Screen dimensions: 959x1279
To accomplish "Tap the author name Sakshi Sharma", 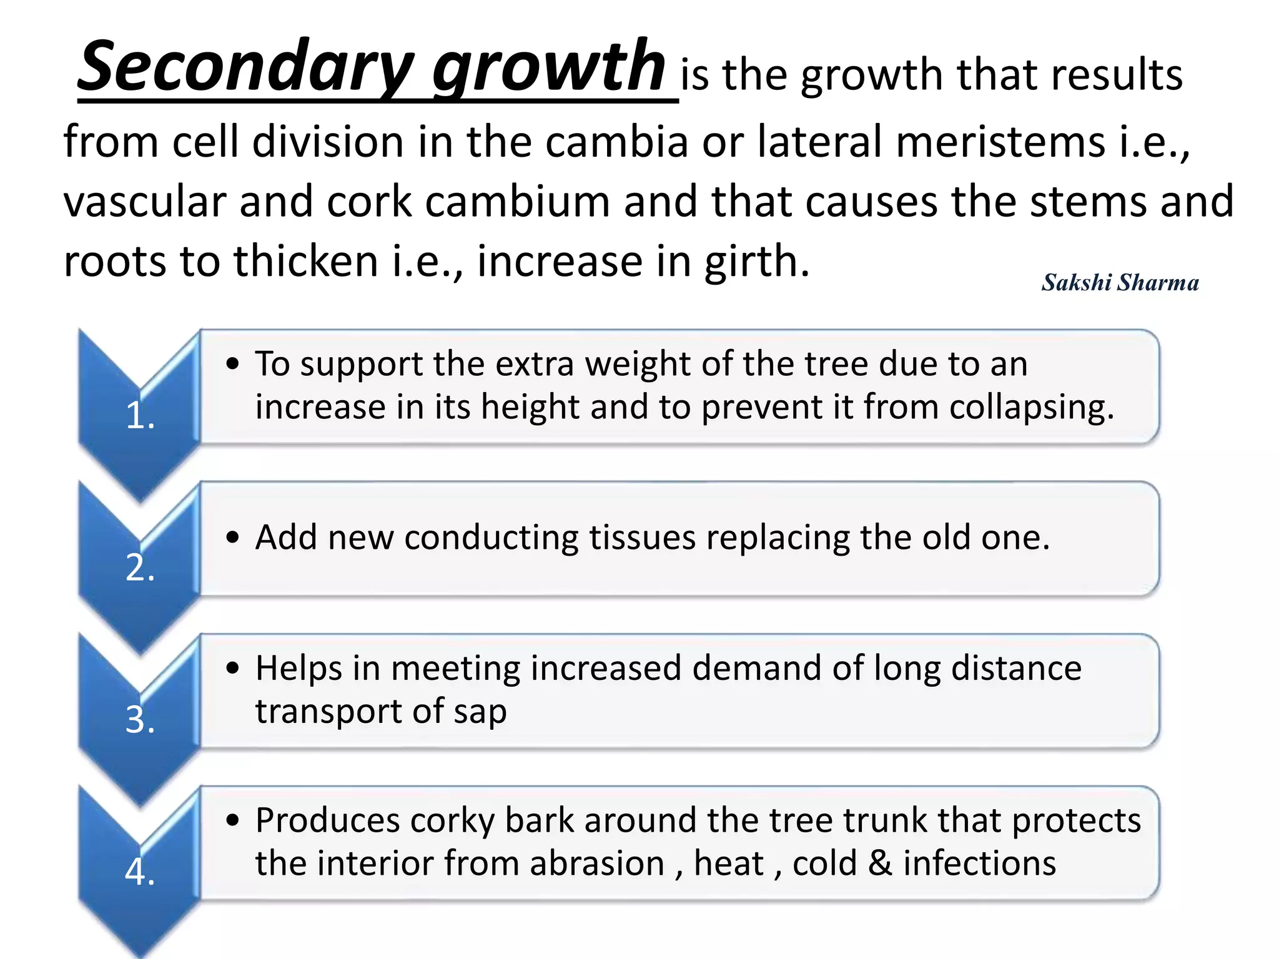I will coord(1120,283).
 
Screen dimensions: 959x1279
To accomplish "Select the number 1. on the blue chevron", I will coord(140,415).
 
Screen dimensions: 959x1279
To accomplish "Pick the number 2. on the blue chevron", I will coord(140,568).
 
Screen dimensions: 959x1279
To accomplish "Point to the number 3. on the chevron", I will coord(140,719).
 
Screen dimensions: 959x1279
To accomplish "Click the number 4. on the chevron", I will coord(140,872).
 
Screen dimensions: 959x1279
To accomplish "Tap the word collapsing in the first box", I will coord(1031,408).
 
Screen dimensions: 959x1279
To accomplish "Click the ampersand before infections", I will coord(880,863).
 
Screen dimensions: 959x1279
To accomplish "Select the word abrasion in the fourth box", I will coord(596,863).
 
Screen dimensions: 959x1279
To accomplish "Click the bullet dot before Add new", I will coord(233,538).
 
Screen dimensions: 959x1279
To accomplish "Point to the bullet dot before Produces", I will coord(233,820).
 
